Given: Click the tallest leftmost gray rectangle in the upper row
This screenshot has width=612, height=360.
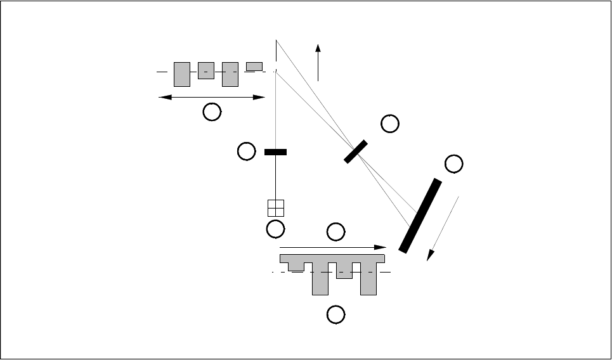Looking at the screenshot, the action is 182,74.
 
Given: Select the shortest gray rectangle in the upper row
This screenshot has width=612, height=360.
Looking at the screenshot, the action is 254,67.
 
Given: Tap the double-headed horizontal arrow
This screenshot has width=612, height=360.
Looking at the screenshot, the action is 212,97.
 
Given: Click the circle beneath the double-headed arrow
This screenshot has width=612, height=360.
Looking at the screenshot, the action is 212,113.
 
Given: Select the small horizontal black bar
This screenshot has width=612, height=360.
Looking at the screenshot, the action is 275,152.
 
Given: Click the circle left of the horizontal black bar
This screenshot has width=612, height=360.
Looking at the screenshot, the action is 246,151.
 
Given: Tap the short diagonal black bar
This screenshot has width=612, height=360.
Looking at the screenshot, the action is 356,151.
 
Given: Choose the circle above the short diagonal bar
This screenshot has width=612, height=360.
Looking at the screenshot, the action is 390,124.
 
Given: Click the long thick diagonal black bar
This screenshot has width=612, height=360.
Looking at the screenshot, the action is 420,215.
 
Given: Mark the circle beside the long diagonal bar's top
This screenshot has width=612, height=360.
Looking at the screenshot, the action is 453,164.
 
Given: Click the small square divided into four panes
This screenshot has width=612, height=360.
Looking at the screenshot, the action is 276,208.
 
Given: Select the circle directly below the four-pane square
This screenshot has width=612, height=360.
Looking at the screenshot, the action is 276,229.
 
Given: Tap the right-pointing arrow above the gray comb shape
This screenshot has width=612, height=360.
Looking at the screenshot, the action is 333,247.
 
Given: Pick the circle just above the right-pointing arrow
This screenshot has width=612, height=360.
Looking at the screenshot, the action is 335,232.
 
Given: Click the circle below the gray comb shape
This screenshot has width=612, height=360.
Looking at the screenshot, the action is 335,314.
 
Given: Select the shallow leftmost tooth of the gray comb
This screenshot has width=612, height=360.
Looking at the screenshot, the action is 296,266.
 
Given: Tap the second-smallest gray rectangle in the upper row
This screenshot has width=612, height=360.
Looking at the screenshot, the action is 206,70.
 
